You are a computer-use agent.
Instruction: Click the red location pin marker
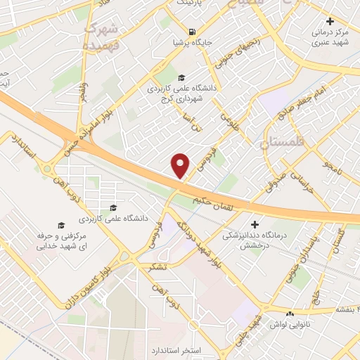pyautogui.click(x=181, y=166)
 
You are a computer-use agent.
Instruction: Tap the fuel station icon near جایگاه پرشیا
pyautogui.click(x=191, y=30)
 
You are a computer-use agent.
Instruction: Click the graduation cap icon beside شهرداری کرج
pyautogui.click(x=182, y=78)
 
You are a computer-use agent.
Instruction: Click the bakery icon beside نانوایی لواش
pyautogui.click(x=290, y=313)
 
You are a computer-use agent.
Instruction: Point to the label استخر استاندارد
pyautogui.click(x=176, y=349)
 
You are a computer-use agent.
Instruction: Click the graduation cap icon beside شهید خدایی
pyautogui.click(x=61, y=225)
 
